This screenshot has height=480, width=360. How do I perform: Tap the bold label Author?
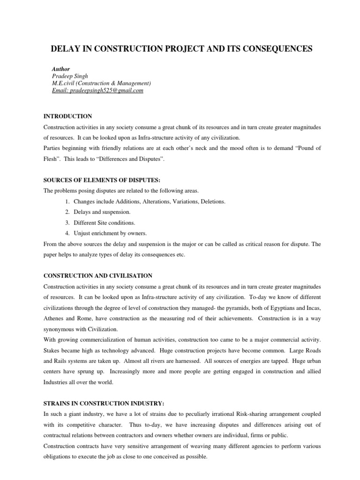pyautogui.click(x=61, y=69)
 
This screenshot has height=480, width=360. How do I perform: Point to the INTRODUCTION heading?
pyautogui.click(x=67, y=116)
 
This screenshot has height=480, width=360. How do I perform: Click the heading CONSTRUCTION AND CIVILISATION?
pyautogui.click(x=97, y=275)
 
